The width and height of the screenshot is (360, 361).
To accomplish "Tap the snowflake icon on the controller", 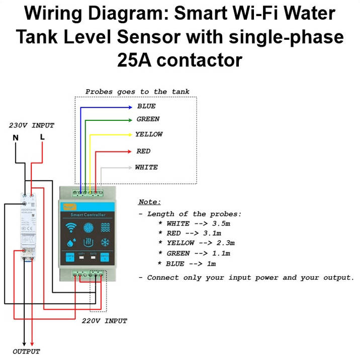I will (x=105, y=243).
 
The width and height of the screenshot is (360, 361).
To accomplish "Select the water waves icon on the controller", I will (x=105, y=227).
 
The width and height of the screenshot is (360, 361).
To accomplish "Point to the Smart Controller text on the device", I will (x=88, y=215).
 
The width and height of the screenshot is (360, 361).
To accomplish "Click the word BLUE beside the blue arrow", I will (x=146, y=106).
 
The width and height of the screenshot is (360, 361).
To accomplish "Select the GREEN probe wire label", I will (x=148, y=119).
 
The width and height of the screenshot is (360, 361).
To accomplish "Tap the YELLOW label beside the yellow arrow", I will (x=149, y=134).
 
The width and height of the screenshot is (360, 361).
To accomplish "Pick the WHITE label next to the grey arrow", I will (x=146, y=167).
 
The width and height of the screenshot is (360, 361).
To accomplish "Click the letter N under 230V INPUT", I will (x=16, y=137).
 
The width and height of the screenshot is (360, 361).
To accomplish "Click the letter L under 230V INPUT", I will (x=42, y=137).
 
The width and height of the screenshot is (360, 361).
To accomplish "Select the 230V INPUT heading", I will (x=31, y=125).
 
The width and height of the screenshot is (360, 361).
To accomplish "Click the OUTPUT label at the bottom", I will (x=26, y=351).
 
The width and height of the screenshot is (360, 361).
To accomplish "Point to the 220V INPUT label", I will (x=104, y=321).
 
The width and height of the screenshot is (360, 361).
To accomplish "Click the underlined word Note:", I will (x=149, y=202).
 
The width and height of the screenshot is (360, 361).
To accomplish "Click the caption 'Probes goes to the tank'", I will (x=137, y=92).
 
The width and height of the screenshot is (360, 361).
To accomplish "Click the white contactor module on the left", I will (x=28, y=227).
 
